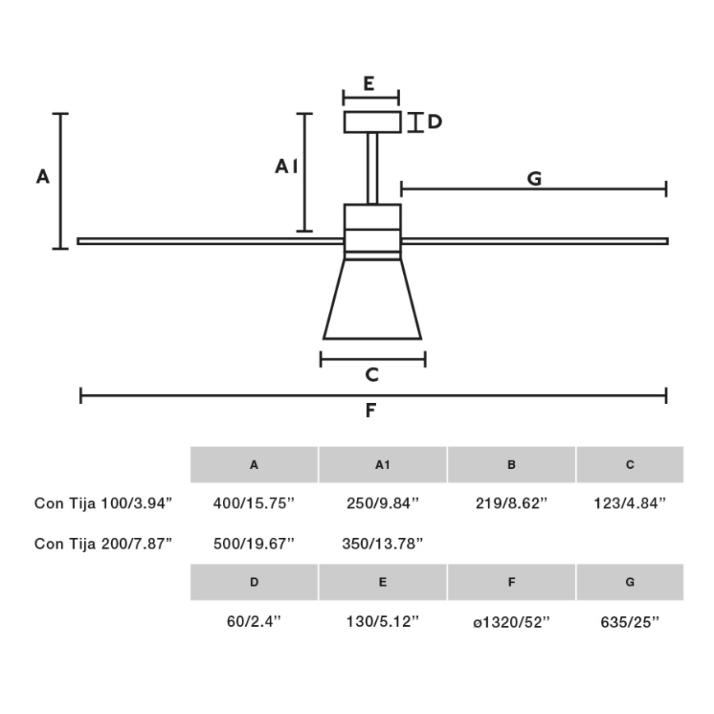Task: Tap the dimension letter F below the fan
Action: [x=371, y=410]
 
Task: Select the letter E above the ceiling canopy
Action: [x=369, y=84]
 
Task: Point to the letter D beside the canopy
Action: [x=434, y=123]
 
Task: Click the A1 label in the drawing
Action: [x=285, y=167]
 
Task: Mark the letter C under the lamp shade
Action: [x=372, y=375]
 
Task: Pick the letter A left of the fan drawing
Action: [x=43, y=176]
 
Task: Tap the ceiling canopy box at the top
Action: [x=372, y=122]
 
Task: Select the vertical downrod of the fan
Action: [x=372, y=168]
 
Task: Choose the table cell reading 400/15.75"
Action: [x=253, y=503]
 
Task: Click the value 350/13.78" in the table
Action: [x=382, y=543]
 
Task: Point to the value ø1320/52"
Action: [x=512, y=623]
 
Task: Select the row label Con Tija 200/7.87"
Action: [x=103, y=543]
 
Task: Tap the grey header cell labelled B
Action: [x=512, y=465]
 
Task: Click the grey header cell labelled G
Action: [x=630, y=582]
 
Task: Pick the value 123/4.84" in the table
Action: [x=630, y=503]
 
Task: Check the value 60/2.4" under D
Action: [x=253, y=623]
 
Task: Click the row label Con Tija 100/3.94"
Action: [x=103, y=503]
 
